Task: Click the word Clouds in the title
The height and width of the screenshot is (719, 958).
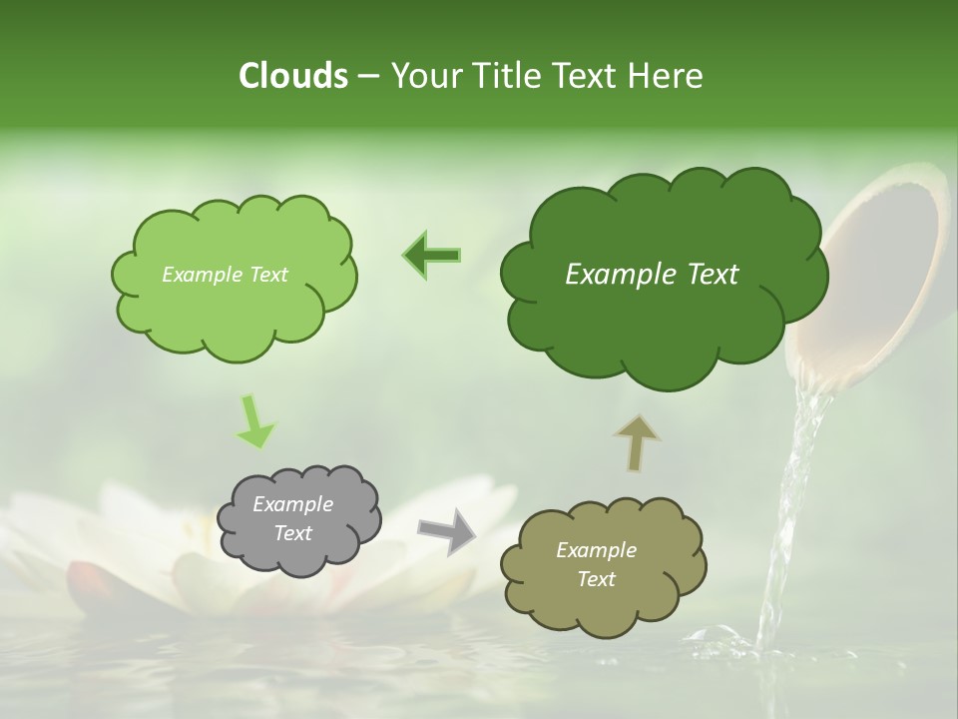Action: click(292, 76)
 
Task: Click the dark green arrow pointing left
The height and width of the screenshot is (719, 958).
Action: click(432, 256)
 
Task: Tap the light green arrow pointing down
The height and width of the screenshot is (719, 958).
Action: click(253, 420)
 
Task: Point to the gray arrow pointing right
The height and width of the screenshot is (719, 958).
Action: click(446, 530)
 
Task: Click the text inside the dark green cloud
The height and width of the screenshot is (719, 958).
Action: click(652, 275)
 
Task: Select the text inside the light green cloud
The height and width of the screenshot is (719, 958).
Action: click(225, 275)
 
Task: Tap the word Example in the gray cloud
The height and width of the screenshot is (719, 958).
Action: click(292, 504)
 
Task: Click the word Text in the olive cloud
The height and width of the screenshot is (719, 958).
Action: click(596, 579)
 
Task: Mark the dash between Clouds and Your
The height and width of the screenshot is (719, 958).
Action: click(368, 77)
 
